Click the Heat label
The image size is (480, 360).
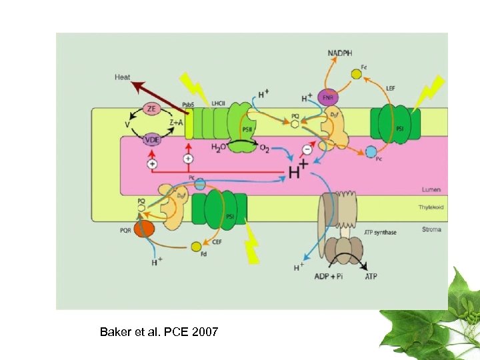pyautogui.click(x=122, y=77)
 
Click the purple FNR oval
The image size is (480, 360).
pyautogui.click(x=328, y=97)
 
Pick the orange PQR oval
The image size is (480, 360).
pyautogui.click(x=143, y=229)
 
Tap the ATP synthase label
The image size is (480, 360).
pyautogui.click(x=380, y=232)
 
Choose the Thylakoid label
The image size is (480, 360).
pyautogui.click(x=431, y=207)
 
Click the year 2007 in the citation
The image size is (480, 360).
pyautogui.click(x=204, y=331)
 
